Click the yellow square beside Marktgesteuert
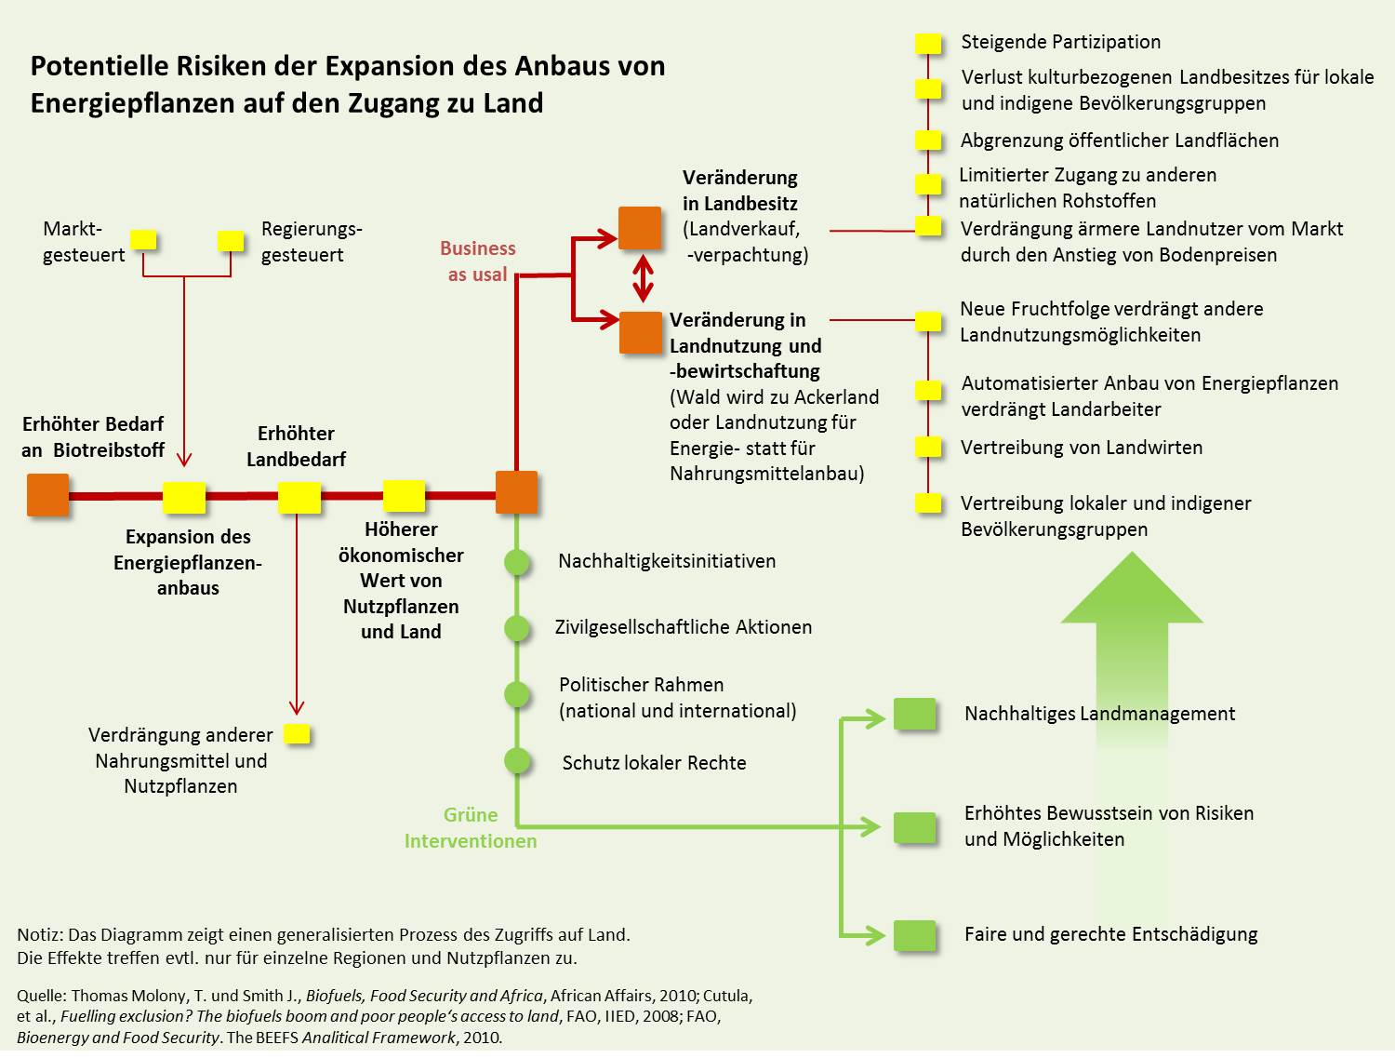pyautogui.click(x=143, y=240)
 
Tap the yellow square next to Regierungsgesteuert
pyautogui.click(x=230, y=241)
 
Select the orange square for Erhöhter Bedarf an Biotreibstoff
pyautogui.click(x=47, y=494)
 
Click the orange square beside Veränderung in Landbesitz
pyautogui.click(x=640, y=228)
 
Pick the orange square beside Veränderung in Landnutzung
pyautogui.click(x=641, y=332)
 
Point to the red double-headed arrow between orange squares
pyautogui.click(x=643, y=278)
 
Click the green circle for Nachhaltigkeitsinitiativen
pyautogui.click(x=517, y=562)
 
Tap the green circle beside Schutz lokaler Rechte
pyautogui.click(x=517, y=761)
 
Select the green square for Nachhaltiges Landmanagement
pyautogui.click(x=914, y=714)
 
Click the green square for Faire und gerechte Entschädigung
pyautogui.click(x=914, y=935)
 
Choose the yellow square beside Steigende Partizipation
pyautogui.click(x=927, y=43)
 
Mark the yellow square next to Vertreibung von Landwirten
pyautogui.click(x=928, y=447)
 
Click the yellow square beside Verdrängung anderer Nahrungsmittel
pyautogui.click(x=297, y=734)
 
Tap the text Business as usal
pyautogui.click(x=477, y=261)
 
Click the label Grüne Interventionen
pyautogui.click(x=471, y=828)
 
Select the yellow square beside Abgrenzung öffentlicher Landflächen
pyautogui.click(x=928, y=141)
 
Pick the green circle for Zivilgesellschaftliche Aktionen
pyautogui.click(x=517, y=628)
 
